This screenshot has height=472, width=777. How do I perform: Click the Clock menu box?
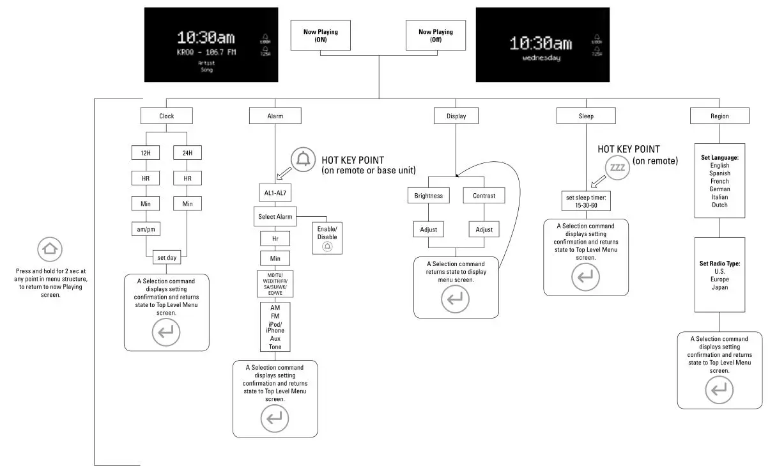(166, 116)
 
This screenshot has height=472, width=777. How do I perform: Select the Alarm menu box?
(275, 116)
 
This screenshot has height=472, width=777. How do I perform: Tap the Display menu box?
(456, 116)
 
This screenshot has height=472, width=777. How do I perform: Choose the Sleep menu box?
(586, 116)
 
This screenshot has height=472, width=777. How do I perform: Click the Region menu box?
(719, 116)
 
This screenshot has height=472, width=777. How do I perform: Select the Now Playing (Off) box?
(436, 35)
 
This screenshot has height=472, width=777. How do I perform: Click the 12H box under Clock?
(146, 153)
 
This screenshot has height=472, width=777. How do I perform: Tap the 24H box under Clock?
(188, 153)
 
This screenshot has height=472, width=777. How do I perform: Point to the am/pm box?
(146, 228)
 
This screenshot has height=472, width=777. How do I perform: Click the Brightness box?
(428, 196)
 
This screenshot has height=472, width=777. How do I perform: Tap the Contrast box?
(484, 196)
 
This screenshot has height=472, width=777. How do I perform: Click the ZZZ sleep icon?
(617, 168)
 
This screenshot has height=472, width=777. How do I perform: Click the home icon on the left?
(50, 249)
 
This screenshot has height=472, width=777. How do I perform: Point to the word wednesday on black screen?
(541, 58)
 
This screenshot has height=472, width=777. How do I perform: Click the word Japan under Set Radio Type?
(719, 287)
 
